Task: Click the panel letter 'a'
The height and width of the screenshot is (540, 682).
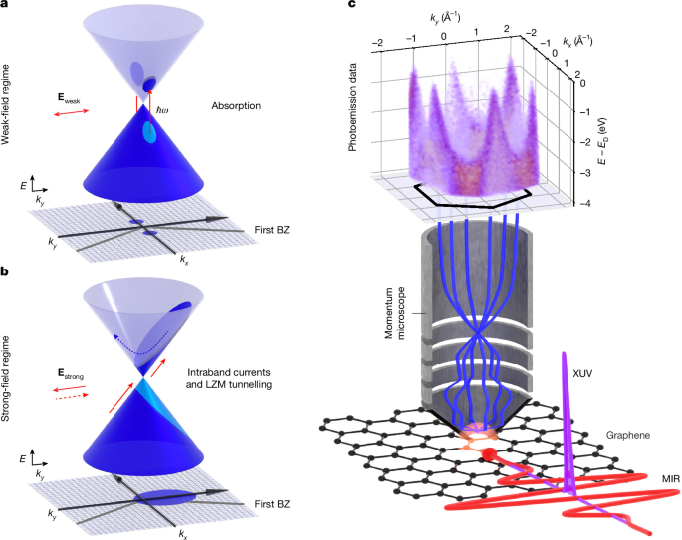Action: [4, 2]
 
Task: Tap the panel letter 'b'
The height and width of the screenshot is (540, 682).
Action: [4, 271]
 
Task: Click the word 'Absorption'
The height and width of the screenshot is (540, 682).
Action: [236, 106]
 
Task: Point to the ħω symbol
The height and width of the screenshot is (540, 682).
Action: [162, 110]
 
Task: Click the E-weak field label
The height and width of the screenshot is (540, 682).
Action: [69, 98]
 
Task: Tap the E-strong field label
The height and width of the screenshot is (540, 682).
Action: [71, 374]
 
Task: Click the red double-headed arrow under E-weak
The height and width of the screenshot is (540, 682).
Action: [71, 112]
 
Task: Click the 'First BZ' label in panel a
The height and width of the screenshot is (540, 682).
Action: [272, 230]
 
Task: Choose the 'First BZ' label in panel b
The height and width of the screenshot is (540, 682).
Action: [272, 504]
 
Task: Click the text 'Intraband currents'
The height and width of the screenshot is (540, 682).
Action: [229, 372]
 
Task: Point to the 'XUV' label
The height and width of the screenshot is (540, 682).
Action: [582, 373]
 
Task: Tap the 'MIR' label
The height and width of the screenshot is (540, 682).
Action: [670, 479]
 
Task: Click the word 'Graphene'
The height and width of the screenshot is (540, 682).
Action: [628, 435]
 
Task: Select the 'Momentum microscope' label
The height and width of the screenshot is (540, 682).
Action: [395, 313]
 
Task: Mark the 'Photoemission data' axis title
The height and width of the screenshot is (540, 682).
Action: [352, 107]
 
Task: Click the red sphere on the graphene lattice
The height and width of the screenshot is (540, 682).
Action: [489, 454]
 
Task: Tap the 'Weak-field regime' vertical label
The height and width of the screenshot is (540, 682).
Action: [5, 104]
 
